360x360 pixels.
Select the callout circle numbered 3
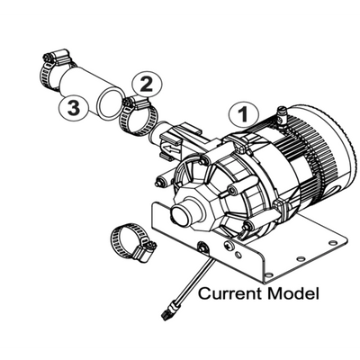[74, 107]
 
